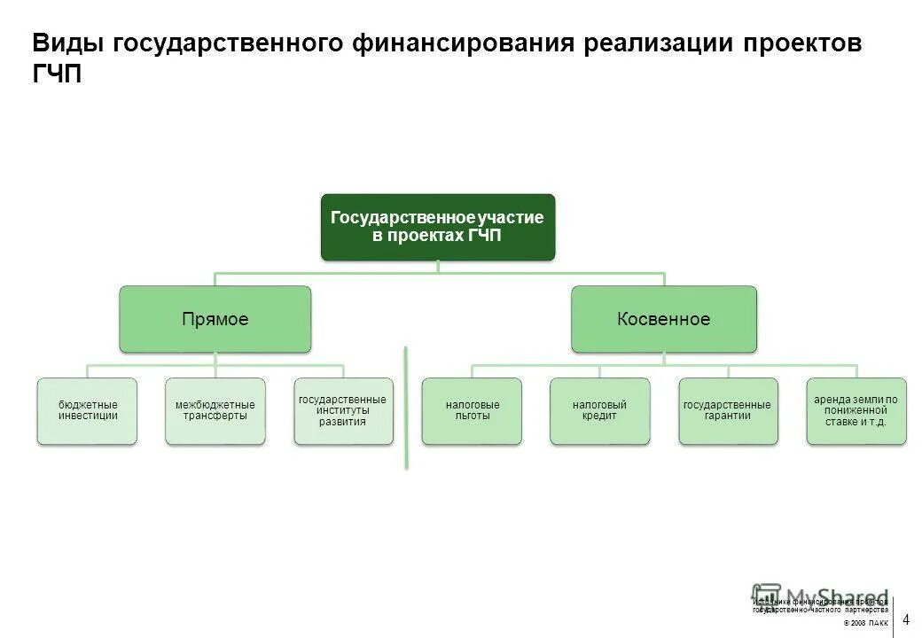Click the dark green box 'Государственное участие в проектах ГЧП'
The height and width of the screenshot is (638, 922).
[437, 227]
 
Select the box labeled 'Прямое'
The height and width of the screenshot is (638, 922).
[215, 319]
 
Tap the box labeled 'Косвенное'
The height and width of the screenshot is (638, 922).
[663, 319]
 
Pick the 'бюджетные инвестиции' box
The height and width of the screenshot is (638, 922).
[88, 411]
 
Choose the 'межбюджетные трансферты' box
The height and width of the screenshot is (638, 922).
[215, 411]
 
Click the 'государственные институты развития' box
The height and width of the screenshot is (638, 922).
[343, 411]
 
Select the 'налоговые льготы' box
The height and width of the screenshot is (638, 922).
[472, 411]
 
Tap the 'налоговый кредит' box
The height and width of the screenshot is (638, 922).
[599, 411]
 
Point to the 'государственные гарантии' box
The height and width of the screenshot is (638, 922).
[728, 411]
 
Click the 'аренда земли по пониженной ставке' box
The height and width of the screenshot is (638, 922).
[856, 411]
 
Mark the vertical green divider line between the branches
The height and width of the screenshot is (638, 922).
[406, 408]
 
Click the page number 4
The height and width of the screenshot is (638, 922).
[906, 619]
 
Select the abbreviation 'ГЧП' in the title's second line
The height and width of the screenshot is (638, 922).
[57, 74]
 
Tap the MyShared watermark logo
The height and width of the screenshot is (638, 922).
[820, 596]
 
